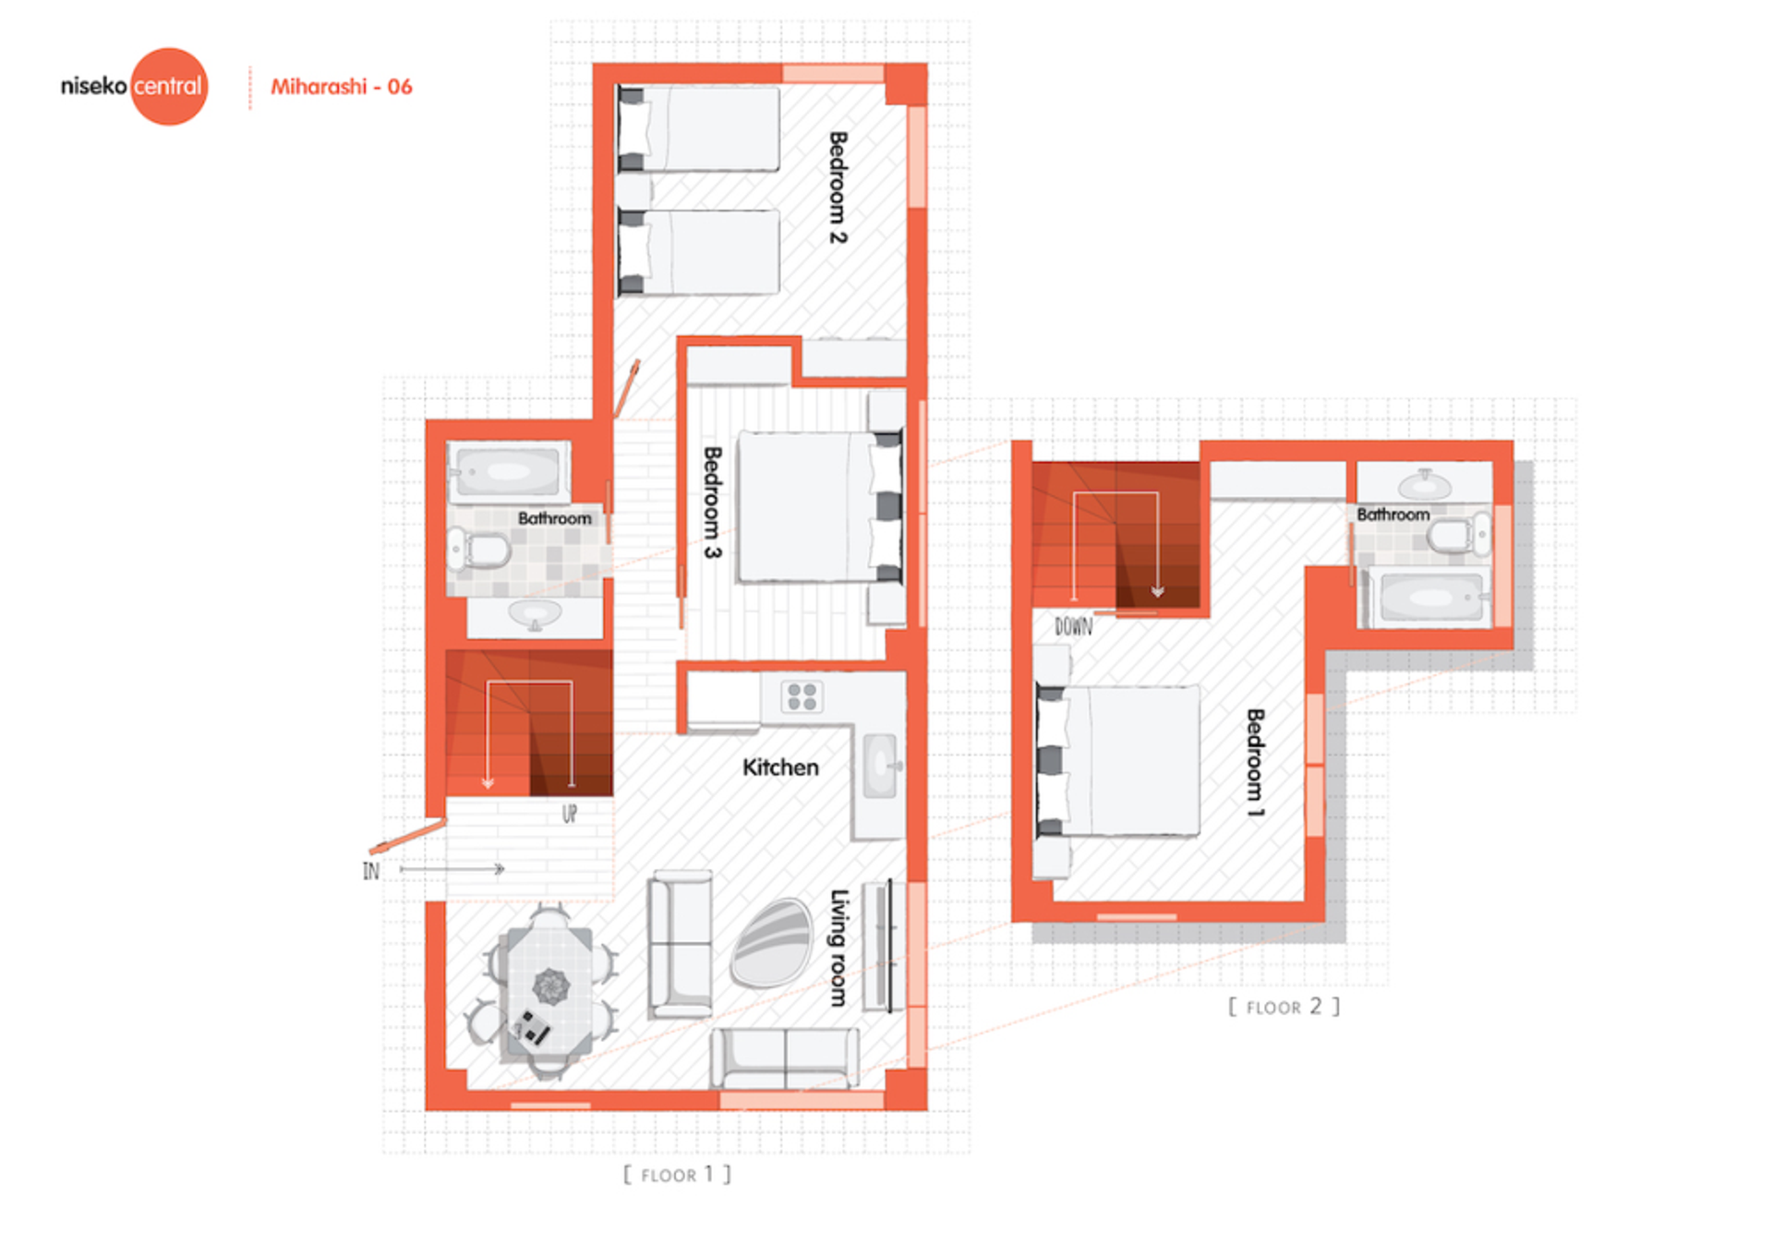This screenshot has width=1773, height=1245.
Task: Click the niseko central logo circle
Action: pyautogui.click(x=169, y=86)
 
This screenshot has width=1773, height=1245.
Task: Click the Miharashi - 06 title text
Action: pyautogui.click(x=341, y=87)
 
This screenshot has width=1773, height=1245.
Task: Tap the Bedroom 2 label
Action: pyautogui.click(x=838, y=187)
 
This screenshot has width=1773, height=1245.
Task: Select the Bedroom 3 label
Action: pyautogui.click(x=712, y=502)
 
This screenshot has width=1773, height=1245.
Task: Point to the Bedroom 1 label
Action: pyautogui.click(x=1255, y=763)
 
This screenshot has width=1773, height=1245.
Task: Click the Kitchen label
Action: pyautogui.click(x=780, y=768)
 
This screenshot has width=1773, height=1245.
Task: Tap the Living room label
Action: pyautogui.click(x=838, y=948)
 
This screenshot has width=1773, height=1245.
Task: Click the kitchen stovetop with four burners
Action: pyautogui.click(x=802, y=696)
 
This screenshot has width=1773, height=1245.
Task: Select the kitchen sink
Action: pyautogui.click(x=880, y=766)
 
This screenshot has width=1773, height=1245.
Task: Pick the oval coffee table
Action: pyautogui.click(x=771, y=943)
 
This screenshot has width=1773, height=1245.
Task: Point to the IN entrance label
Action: pyautogui.click(x=370, y=871)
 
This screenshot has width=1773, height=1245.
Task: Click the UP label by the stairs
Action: pyautogui.click(x=569, y=814)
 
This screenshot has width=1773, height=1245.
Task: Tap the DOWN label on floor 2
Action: pyautogui.click(x=1073, y=627)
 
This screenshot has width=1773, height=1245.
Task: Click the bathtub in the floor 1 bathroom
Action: pyautogui.click(x=509, y=472)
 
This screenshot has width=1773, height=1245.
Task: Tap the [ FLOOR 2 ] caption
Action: pyautogui.click(x=1284, y=1007)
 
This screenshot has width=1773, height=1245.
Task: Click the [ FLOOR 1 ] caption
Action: pyautogui.click(x=677, y=1175)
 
